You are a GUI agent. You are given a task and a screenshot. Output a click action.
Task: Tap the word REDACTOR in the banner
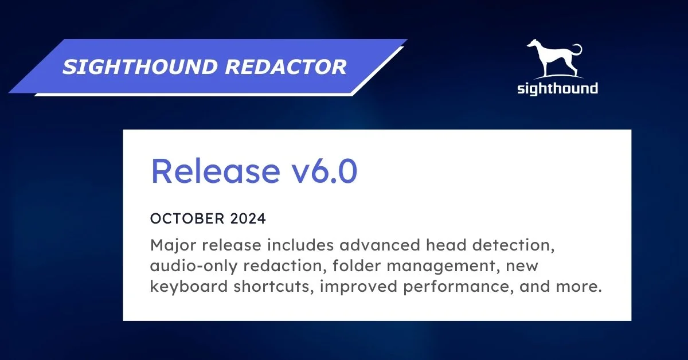tap(286, 67)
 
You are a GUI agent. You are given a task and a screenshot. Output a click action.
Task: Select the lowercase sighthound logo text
tap(557, 88)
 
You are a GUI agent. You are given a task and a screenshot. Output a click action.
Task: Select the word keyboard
tap(189, 286)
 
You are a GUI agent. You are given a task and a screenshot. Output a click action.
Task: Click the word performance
tap(452, 286)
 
